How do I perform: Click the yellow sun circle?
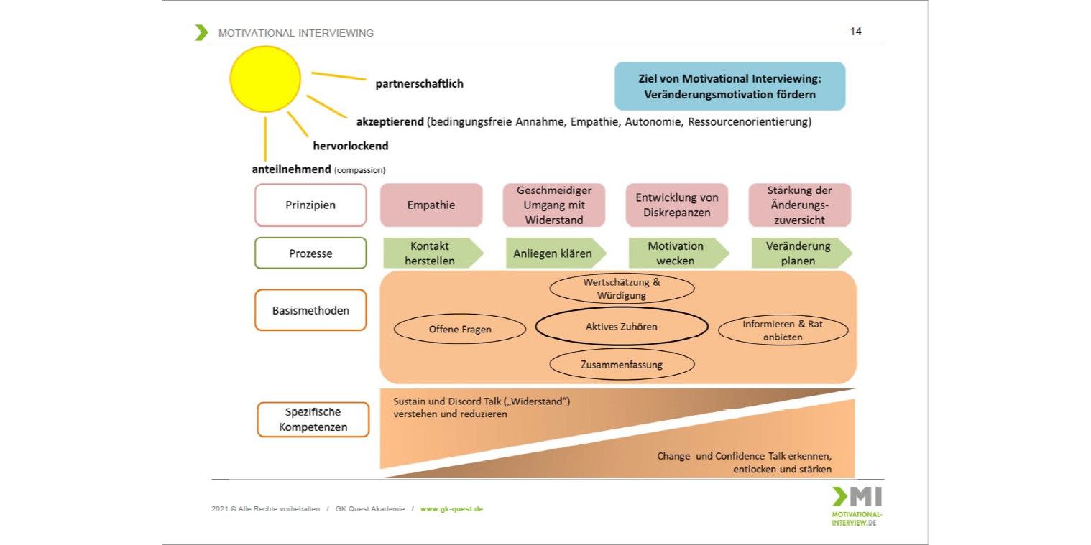pos(265,79)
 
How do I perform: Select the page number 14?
pos(855,32)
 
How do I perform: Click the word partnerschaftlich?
pos(419,84)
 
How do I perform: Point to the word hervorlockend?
pos(350,146)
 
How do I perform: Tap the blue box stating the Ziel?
pos(729,86)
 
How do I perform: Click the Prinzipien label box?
pos(310,205)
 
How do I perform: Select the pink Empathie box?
pos(431,205)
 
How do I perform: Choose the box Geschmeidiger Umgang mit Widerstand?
pos(553,205)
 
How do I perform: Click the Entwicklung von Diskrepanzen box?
pos(676,205)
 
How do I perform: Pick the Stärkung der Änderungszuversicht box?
pos(799,205)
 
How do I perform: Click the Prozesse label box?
pos(310,253)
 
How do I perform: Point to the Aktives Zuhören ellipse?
pos(622,327)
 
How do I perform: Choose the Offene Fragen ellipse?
pos(460,330)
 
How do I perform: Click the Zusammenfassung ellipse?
pos(622,364)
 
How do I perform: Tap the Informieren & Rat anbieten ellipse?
pos(783,330)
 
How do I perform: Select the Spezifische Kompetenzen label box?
pos(313,419)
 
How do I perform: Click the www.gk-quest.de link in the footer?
pos(451,509)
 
